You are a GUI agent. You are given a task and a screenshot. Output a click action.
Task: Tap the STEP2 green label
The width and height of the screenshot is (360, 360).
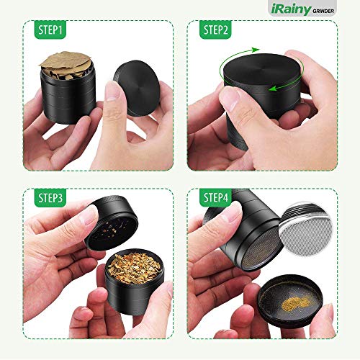click(215, 30)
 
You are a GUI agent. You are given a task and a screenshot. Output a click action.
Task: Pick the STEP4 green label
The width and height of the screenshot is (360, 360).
click(215, 197)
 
